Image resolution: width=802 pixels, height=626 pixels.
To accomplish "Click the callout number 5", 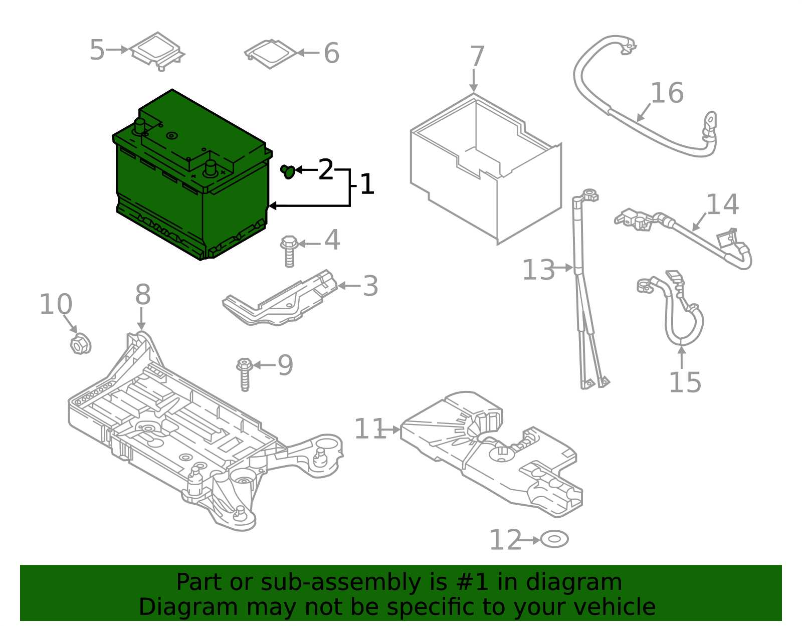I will coord(97,51).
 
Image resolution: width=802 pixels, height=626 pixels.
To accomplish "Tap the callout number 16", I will coord(667,94).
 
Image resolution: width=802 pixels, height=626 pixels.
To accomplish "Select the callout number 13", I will coord(538,271).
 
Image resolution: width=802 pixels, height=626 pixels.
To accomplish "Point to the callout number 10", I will coord(56,305).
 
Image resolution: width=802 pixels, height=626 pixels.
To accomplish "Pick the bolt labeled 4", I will coord(289,251).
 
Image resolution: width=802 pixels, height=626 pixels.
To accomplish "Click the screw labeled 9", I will coord(245,374).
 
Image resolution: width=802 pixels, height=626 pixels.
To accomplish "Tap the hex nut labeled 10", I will coord(79,345).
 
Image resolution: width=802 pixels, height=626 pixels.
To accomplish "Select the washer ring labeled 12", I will coord(554,540).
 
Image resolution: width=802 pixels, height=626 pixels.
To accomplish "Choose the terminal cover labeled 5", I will coord(157,49).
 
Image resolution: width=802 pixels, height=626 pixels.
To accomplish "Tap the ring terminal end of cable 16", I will coord(710,121).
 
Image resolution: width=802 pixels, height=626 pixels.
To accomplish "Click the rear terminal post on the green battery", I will coord(139,125).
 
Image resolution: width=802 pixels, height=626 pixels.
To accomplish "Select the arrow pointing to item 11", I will coord(390,430).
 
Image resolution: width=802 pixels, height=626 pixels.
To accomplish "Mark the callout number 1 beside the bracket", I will coord(367,185).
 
